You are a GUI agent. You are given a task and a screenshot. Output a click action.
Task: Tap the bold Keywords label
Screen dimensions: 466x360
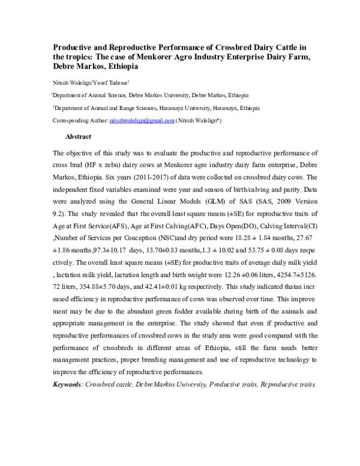(x=67, y=383)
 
